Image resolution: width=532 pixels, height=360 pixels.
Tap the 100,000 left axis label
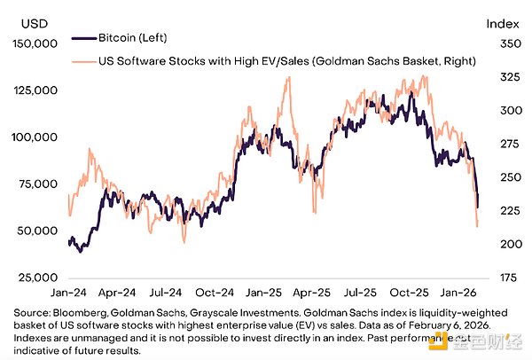[38, 137]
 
